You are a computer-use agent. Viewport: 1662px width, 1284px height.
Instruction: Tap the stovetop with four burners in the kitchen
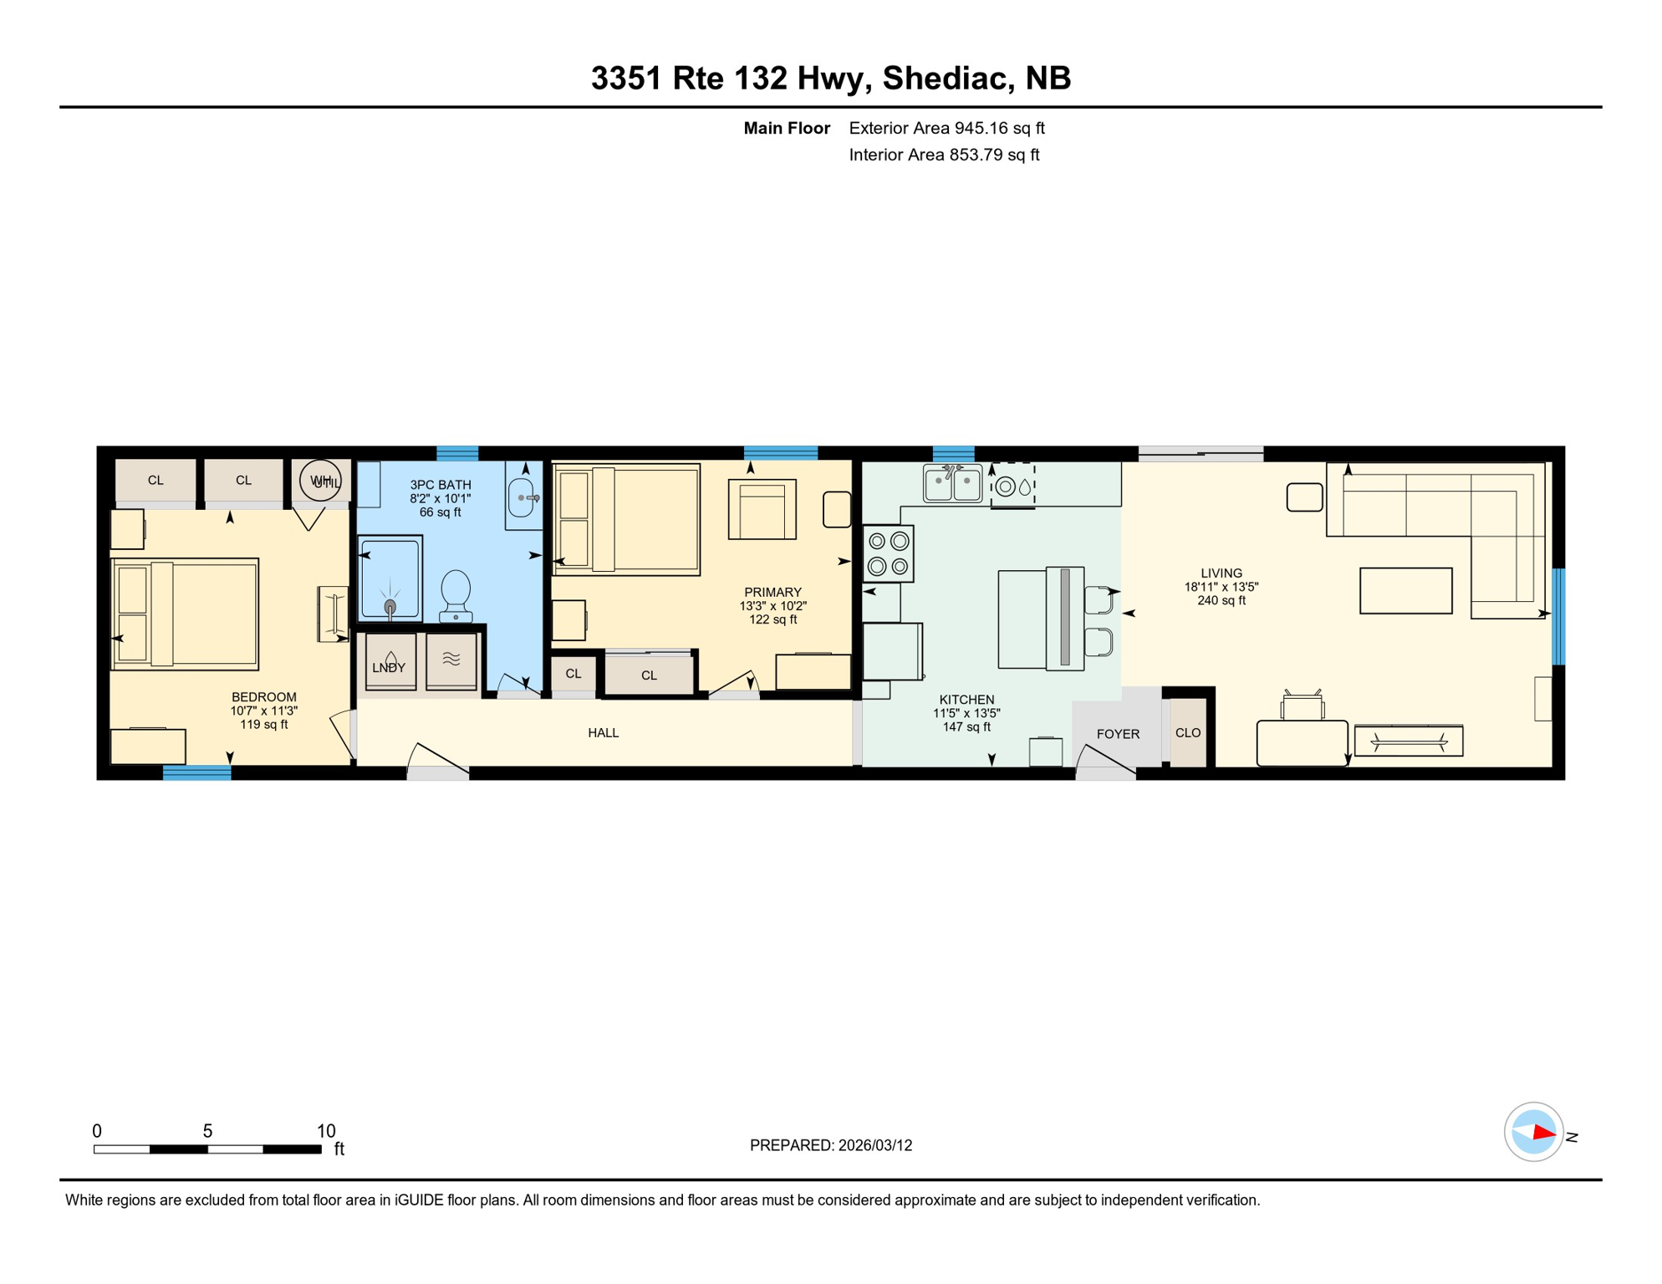point(888,553)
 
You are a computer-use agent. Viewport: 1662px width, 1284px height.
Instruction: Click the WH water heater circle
point(320,481)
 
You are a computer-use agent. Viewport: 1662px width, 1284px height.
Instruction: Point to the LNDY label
point(389,667)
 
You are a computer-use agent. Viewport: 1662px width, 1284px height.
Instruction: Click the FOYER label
point(1118,734)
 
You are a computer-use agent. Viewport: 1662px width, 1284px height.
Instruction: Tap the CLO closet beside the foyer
point(1188,733)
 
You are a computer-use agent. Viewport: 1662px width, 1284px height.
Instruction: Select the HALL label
point(603,733)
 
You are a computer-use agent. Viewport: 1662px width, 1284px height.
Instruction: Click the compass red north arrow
point(1543,1134)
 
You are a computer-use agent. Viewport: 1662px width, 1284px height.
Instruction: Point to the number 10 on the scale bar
point(326,1131)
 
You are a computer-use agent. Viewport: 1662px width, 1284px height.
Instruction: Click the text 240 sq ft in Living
point(1221,600)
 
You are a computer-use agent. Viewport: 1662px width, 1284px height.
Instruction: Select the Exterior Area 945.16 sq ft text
point(946,128)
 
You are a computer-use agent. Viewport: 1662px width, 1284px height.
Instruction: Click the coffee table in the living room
point(1405,591)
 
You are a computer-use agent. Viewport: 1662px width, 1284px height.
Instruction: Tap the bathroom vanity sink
point(522,497)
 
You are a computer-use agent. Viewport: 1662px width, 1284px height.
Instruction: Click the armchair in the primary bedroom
point(762,509)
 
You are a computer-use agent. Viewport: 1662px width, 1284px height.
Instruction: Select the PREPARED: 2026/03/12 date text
point(830,1145)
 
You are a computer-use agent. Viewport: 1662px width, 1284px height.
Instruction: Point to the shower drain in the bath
point(390,606)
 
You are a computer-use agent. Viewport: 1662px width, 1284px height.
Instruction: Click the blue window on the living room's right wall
point(1558,616)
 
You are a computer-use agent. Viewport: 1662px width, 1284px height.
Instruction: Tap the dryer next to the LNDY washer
point(451,660)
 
